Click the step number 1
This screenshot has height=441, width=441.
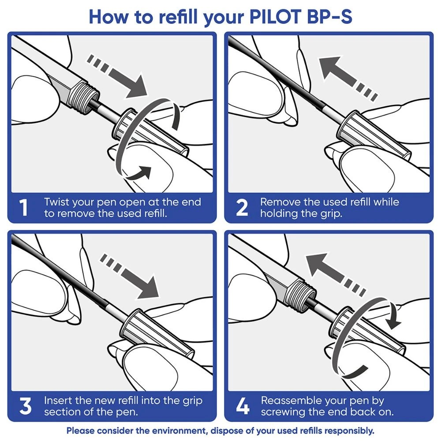click(x=25, y=208)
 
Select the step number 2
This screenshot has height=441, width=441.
click(x=242, y=208)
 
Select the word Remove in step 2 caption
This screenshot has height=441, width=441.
click(x=278, y=202)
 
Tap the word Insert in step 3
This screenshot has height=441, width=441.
click(x=57, y=401)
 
